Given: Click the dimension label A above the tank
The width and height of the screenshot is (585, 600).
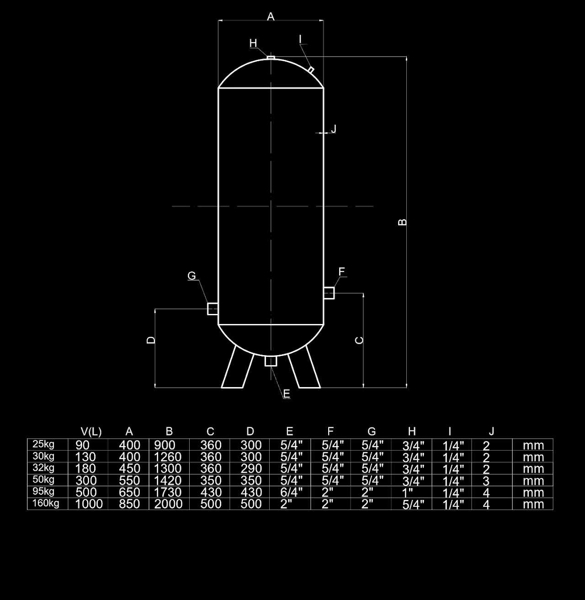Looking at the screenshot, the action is pyautogui.click(x=271, y=16).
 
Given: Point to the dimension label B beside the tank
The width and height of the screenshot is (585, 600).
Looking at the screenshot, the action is pyautogui.click(x=403, y=222).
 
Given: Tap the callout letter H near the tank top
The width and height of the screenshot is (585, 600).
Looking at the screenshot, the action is pyautogui.click(x=253, y=43).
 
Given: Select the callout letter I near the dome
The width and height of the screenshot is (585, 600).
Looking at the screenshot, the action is pyautogui.click(x=300, y=39).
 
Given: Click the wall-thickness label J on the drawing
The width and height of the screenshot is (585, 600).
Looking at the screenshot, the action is pyautogui.click(x=333, y=128).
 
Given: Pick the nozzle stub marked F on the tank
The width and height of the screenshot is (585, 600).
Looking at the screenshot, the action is pyautogui.click(x=329, y=293).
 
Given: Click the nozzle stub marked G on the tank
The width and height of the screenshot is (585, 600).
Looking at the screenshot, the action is pyautogui.click(x=213, y=308).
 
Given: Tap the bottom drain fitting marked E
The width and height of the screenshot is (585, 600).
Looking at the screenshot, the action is pyautogui.click(x=271, y=361).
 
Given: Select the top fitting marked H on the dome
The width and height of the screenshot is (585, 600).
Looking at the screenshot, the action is pyautogui.click(x=271, y=57).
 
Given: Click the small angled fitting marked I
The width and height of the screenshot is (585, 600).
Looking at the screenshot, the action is pyautogui.click(x=311, y=69).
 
